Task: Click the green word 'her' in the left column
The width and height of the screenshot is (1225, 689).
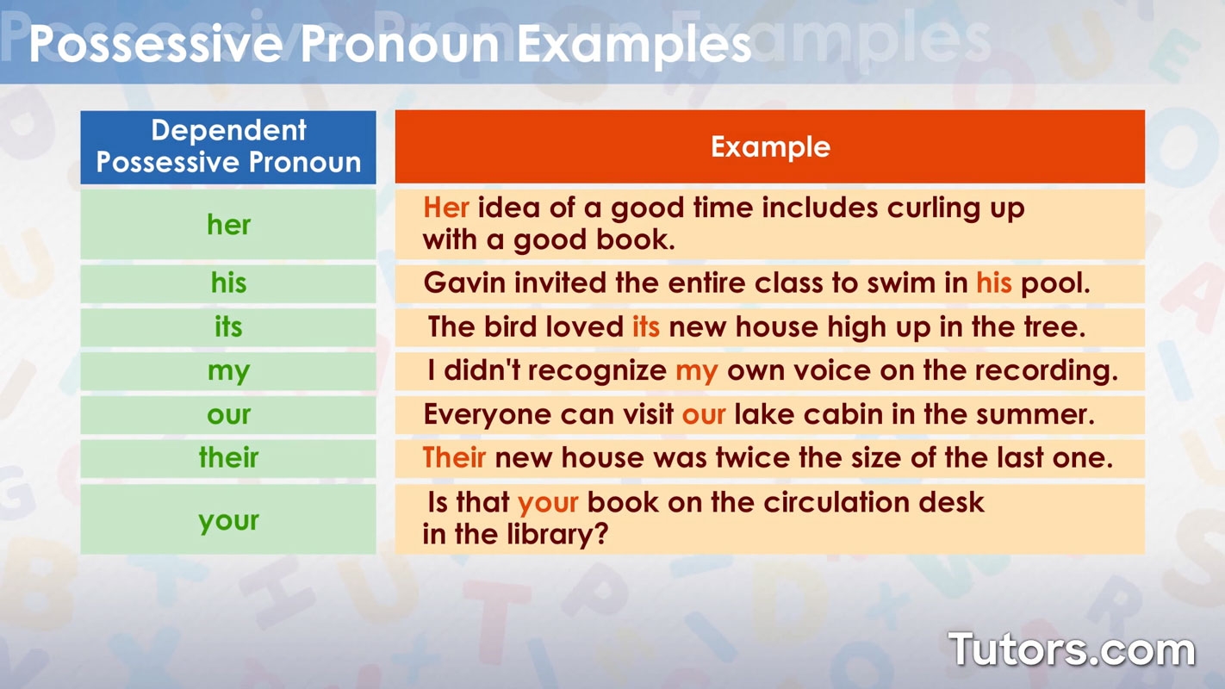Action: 228,225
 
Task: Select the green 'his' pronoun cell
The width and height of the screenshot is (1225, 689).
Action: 228,283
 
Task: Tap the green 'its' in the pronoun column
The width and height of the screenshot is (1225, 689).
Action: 228,327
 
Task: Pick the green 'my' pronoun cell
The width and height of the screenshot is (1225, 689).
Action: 228,372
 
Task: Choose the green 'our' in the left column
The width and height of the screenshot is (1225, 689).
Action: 228,415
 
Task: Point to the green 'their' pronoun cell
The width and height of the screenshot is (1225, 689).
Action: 228,458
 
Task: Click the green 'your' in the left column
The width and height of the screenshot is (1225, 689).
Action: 228,521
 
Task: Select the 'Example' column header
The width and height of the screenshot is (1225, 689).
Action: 770,146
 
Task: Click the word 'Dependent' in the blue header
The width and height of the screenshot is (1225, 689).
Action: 228,130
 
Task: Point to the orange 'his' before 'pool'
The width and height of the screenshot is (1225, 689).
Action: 993,283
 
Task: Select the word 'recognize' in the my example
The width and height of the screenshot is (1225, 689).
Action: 597,371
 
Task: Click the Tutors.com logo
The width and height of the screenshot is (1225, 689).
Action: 1072,649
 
